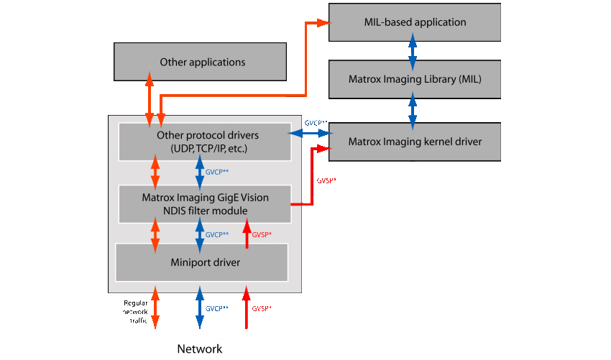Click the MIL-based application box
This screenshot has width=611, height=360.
415,22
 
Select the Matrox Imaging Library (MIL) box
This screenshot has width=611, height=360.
415,79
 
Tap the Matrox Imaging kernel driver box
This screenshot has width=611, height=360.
415,141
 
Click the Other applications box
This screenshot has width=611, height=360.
202,62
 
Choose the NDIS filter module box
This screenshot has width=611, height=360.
205,203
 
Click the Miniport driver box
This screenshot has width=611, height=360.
202,262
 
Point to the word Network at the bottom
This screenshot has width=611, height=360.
200,349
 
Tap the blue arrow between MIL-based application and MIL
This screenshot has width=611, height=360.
413,50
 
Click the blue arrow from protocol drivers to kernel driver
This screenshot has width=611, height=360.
309,134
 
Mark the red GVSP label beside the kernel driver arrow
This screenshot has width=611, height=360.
326,181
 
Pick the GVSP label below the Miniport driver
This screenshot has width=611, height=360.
261,308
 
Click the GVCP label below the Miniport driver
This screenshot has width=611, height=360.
216,308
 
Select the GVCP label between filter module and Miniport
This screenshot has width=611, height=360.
217,235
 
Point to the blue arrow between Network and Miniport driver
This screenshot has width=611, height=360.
199,307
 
